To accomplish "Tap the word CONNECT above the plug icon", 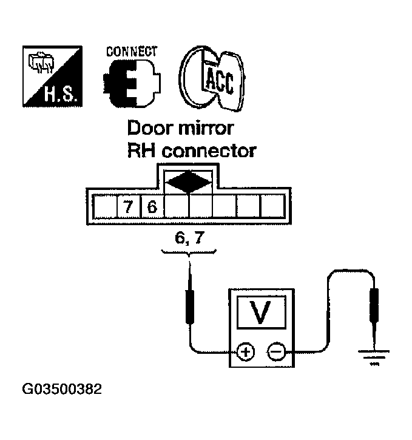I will tap(132, 52).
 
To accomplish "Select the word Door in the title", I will tap(149, 129).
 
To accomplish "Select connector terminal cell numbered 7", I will tap(128, 208).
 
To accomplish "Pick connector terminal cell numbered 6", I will tap(152, 208).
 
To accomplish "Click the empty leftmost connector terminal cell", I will tap(104, 208).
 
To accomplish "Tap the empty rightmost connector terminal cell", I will tap(271, 208).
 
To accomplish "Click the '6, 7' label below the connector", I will tap(188, 239).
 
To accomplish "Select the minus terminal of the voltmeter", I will tap(277, 351).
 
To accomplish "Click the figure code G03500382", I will tap(62, 388).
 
